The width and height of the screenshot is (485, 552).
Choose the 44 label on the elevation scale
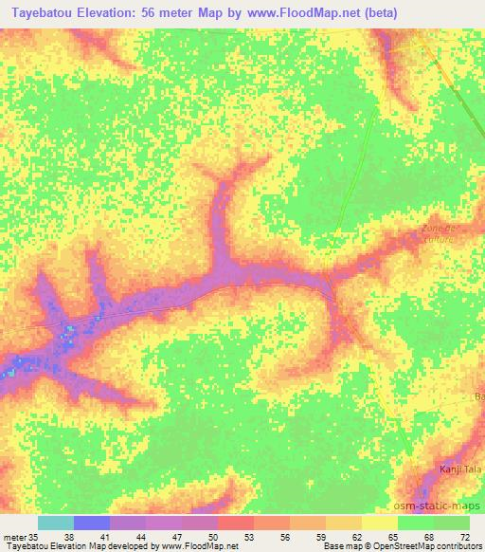128,537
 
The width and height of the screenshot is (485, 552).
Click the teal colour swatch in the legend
56,523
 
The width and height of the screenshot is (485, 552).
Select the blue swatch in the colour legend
92,523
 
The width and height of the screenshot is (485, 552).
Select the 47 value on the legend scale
164,537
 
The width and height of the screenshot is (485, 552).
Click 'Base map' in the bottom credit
341,547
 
